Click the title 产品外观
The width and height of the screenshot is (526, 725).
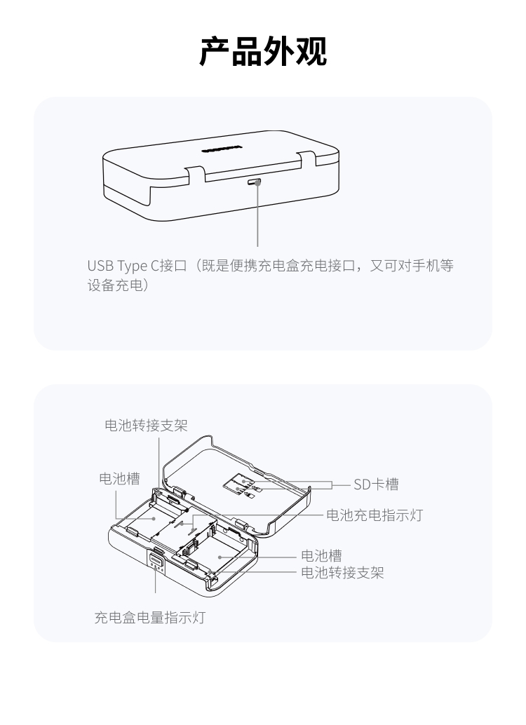tap(263, 52)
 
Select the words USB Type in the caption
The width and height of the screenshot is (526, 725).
tap(116, 267)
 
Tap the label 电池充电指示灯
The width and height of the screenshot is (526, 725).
tap(375, 516)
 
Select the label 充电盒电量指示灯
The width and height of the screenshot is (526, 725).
tap(149, 618)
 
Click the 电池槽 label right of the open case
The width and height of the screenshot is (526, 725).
tap(321, 555)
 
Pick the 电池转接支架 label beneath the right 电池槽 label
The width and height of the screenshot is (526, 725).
tap(342, 573)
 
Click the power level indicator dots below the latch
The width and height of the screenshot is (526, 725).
tap(154, 571)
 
